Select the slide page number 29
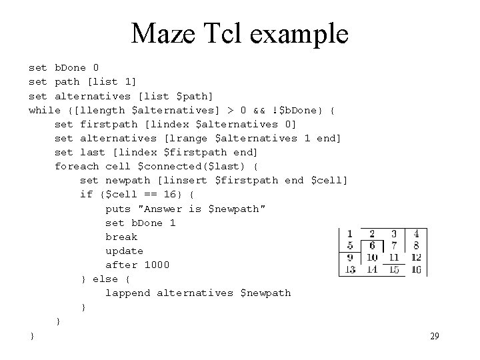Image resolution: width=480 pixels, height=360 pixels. coord(434,337)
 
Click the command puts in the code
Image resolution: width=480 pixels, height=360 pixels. coord(118,209)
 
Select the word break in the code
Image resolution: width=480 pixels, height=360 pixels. coord(121,237)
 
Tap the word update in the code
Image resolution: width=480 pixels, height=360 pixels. coord(124,251)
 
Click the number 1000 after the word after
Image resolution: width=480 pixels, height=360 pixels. coord(157,265)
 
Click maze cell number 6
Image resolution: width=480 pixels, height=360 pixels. coord(372,245)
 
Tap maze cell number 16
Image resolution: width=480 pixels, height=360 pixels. coord(416,269)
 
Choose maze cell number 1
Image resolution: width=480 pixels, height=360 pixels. coord(349,234)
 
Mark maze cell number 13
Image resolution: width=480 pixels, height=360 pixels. coord(349,269)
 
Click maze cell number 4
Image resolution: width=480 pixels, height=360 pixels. coord(416,234)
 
